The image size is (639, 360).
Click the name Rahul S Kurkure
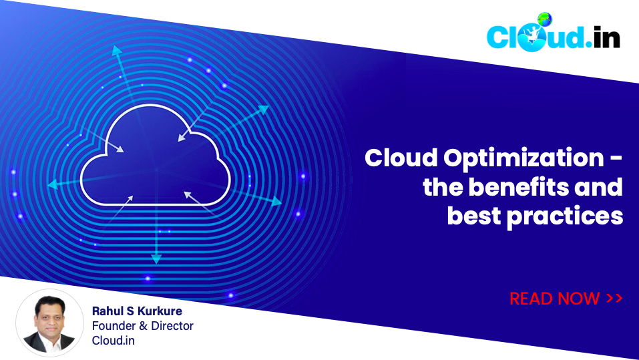(x=136, y=311)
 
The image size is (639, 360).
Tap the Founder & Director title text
(x=142, y=326)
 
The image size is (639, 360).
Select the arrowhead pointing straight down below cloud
(x=156, y=258)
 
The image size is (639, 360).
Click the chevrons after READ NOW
(x=614, y=299)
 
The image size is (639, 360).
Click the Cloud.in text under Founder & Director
(x=113, y=341)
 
